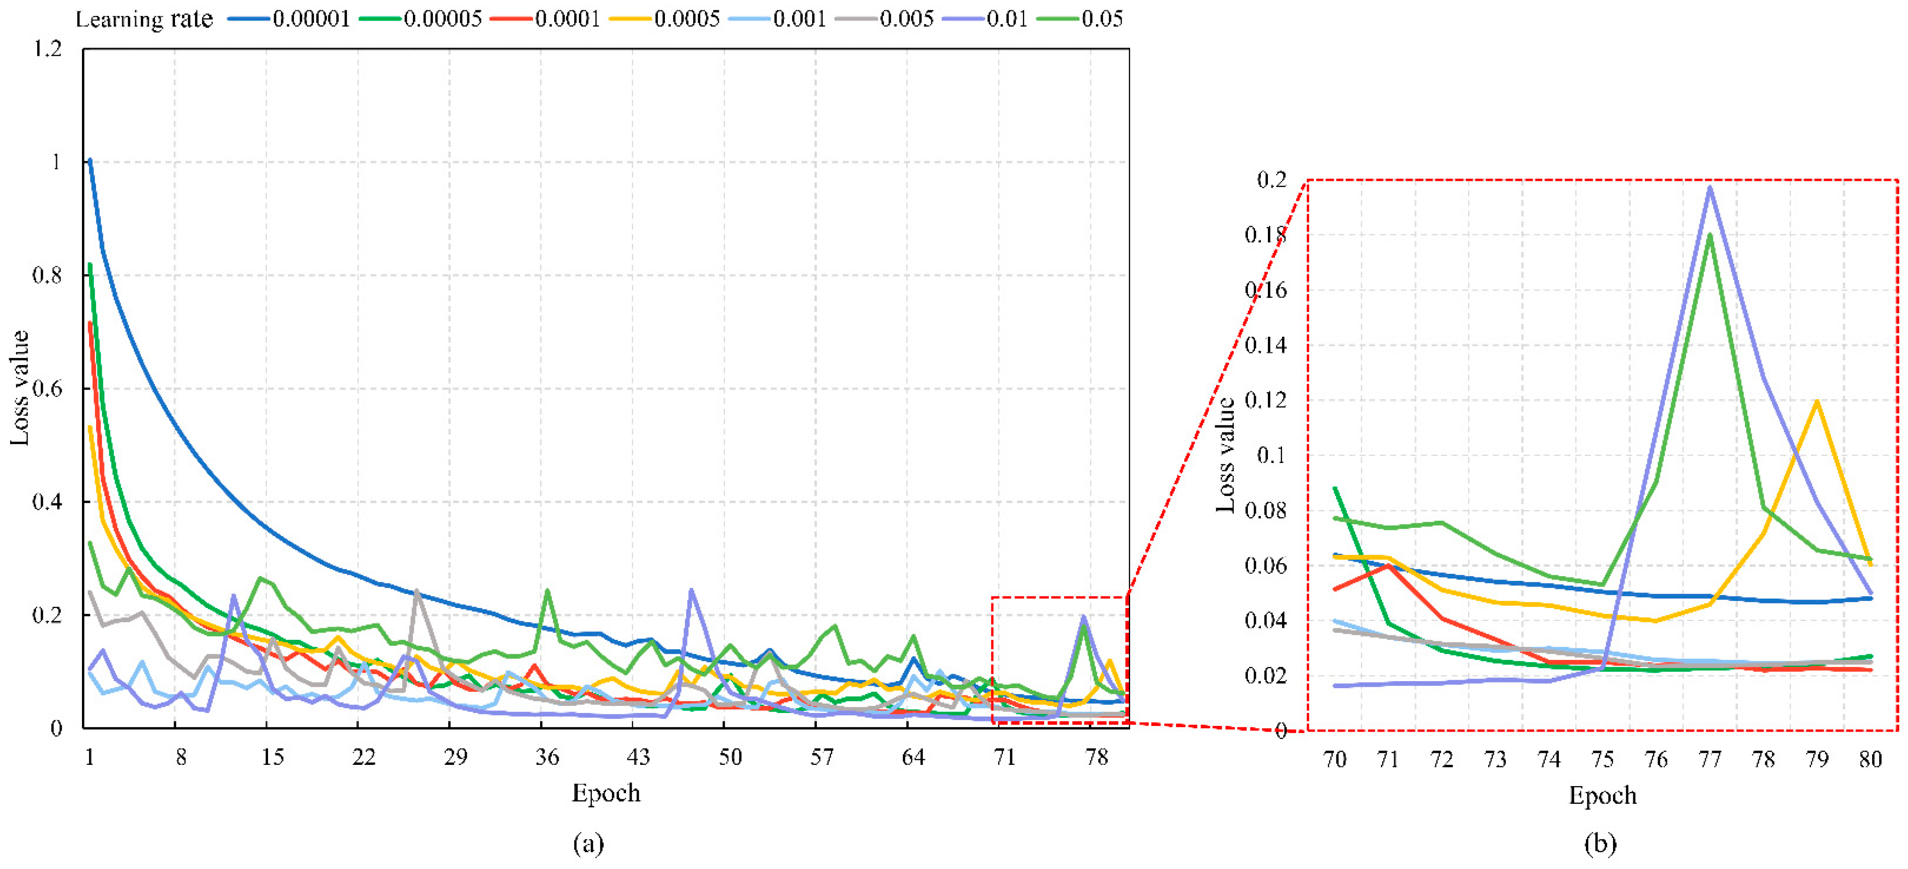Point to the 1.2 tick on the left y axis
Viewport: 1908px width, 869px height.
(47, 49)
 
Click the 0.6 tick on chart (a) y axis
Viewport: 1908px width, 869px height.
(47, 389)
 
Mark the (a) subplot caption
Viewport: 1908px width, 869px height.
(588, 843)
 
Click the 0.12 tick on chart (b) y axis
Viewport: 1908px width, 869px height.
(1265, 401)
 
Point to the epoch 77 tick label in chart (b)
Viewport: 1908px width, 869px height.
(1710, 760)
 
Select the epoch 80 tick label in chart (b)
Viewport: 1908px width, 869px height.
(1870, 760)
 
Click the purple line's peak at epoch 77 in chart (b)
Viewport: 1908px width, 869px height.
(1710, 187)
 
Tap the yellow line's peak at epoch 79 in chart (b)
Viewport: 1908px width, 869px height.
(1817, 401)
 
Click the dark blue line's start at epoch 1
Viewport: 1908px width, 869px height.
(89, 159)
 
